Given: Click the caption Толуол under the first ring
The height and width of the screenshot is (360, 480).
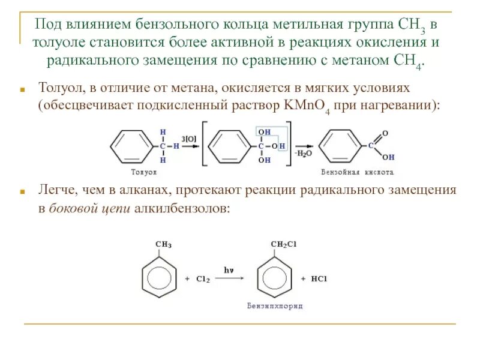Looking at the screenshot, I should tap(143, 172).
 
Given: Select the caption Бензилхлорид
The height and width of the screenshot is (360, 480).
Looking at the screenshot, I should tap(275, 306).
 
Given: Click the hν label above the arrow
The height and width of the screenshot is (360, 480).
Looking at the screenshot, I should tap(229, 271).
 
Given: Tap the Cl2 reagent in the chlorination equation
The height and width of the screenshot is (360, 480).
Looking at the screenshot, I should tap(202, 280).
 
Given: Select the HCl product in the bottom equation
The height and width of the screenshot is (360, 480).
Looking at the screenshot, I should tap(318, 279).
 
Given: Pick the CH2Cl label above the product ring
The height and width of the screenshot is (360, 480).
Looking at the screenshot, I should tap(284, 244).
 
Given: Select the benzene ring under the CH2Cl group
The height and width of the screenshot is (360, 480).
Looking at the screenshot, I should tap(275, 279).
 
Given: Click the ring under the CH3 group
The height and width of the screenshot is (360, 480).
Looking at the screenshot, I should tap(159, 279).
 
